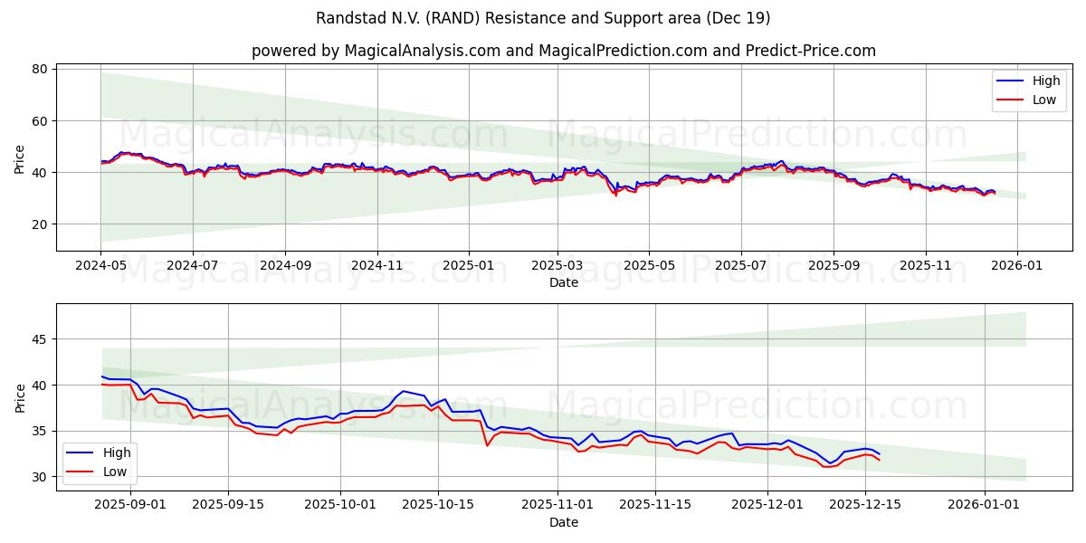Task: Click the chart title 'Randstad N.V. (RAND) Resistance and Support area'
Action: click(x=543, y=18)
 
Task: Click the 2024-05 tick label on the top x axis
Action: click(x=100, y=267)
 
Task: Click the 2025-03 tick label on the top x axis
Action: click(x=557, y=267)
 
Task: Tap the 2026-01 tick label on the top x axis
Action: click(x=1017, y=267)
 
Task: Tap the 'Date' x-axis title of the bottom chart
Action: click(x=563, y=522)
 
